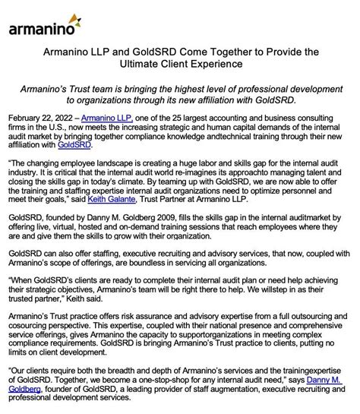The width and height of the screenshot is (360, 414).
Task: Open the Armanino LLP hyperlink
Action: click(106, 119)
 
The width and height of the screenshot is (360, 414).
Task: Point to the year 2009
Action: click(160, 216)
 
